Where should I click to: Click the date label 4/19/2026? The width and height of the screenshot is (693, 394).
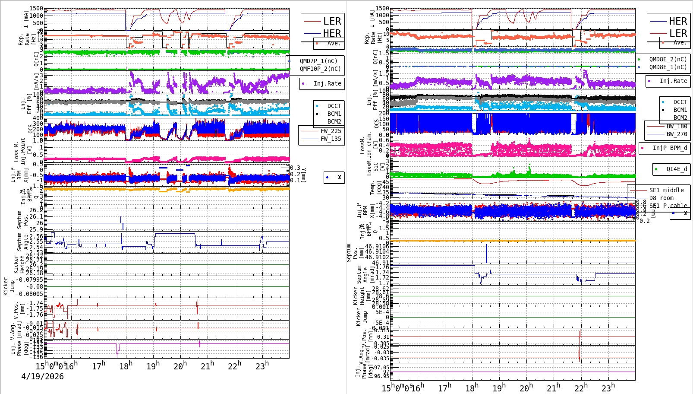(42, 376)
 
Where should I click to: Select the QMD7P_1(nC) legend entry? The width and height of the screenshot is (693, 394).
(318, 61)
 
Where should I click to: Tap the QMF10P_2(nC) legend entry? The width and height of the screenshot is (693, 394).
(320, 69)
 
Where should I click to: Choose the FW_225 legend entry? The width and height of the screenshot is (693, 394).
(331, 131)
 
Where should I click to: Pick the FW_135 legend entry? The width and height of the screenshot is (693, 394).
(331, 139)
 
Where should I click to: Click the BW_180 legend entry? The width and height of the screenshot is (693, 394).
(677, 126)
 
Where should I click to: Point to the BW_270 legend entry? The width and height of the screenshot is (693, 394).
(677, 134)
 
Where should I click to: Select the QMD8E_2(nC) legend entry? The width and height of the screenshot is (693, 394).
(668, 59)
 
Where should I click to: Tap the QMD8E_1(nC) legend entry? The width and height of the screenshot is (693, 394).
(668, 67)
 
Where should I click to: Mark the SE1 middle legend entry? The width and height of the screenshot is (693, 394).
(666, 190)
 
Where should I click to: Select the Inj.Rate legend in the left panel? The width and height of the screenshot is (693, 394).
(327, 83)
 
